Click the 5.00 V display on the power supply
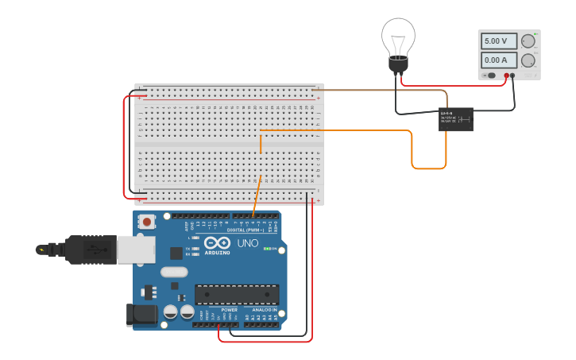[498, 41]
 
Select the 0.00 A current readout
[498, 60]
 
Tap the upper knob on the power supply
[528, 41]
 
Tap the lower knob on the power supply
[528, 60]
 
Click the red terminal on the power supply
[506, 75]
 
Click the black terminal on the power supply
[513, 75]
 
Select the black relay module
[456, 119]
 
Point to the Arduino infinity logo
[217, 243]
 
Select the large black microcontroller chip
[237, 294]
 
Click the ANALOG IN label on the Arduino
[260, 309]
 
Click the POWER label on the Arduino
[218, 309]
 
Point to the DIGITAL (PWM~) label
[245, 230]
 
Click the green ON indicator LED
[266, 250]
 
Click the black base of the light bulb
[398, 64]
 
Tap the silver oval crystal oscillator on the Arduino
[174, 272]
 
